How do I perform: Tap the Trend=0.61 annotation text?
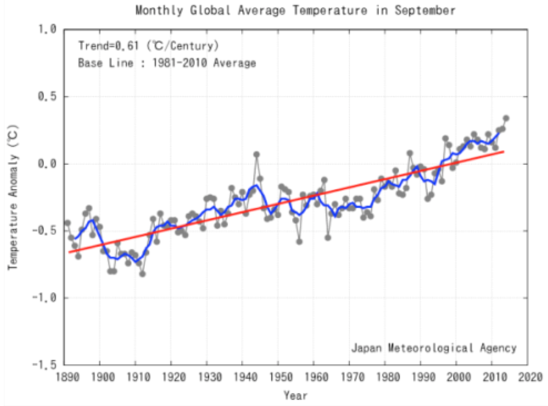(x=148, y=45)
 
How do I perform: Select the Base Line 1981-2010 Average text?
(x=166, y=63)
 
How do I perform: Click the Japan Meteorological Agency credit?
(x=433, y=348)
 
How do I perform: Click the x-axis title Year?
(x=295, y=395)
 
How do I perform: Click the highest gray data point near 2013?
(x=506, y=118)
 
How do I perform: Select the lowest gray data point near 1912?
(x=143, y=274)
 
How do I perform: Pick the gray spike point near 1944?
(x=256, y=155)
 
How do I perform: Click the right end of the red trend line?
(x=504, y=151)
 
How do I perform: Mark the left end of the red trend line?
(x=69, y=252)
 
